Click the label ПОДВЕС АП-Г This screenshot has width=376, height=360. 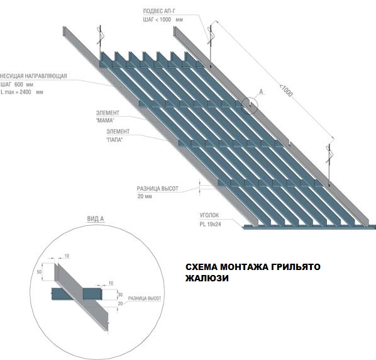[159, 11]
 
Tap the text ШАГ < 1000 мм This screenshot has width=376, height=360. [163, 20]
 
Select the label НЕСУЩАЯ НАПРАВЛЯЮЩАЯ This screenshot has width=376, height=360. [33, 76]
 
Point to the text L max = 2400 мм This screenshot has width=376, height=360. [21, 92]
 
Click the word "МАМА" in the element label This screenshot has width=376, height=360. [105, 120]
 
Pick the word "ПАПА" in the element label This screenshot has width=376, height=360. [114, 140]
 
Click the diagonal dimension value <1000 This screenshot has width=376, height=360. [286, 90]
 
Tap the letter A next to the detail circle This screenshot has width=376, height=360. [261, 92]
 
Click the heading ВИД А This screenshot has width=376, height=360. [96, 219]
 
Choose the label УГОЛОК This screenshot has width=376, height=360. [209, 215]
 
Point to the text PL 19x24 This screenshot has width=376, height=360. [210, 225]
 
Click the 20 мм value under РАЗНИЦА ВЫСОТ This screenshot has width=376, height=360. [145, 196]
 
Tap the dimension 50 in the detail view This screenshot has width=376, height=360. [39, 272]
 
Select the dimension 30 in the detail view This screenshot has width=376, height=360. [120, 295]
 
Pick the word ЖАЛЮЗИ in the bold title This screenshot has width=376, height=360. [207, 278]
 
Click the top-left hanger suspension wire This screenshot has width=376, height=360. [101, 38]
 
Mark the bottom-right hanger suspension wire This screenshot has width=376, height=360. [329, 165]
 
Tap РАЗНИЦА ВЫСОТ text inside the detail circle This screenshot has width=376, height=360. [145, 298]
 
